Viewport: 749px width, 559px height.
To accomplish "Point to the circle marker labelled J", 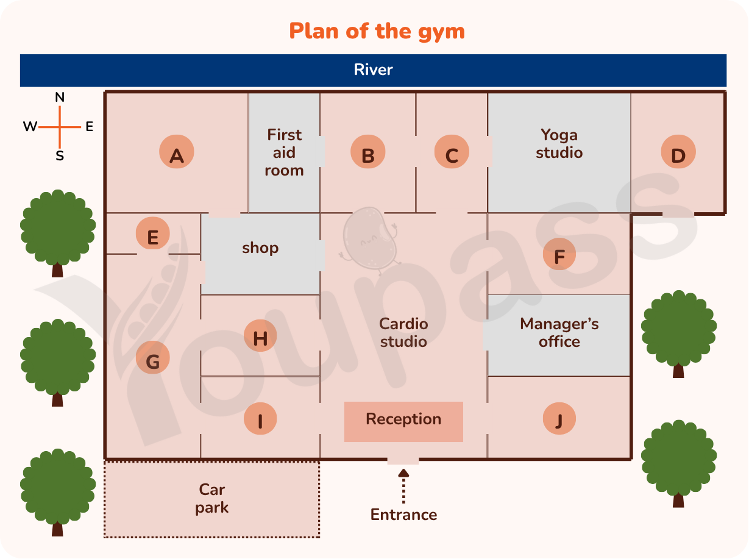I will [x=559, y=419].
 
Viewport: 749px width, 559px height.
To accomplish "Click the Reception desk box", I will [x=403, y=421].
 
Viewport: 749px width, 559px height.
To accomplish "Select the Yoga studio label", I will [x=559, y=144].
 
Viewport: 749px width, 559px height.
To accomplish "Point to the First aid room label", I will [x=284, y=152].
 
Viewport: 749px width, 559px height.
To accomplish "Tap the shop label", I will [x=260, y=248].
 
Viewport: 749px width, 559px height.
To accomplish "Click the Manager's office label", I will [x=559, y=333].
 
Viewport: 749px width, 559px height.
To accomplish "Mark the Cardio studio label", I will [x=403, y=333].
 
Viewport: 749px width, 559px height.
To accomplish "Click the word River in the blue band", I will [x=373, y=70].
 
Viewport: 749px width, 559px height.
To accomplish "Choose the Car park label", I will [x=211, y=499].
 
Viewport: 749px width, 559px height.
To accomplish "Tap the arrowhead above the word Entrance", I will [x=403, y=472].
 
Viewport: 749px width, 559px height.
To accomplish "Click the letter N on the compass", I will [x=60, y=98].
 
